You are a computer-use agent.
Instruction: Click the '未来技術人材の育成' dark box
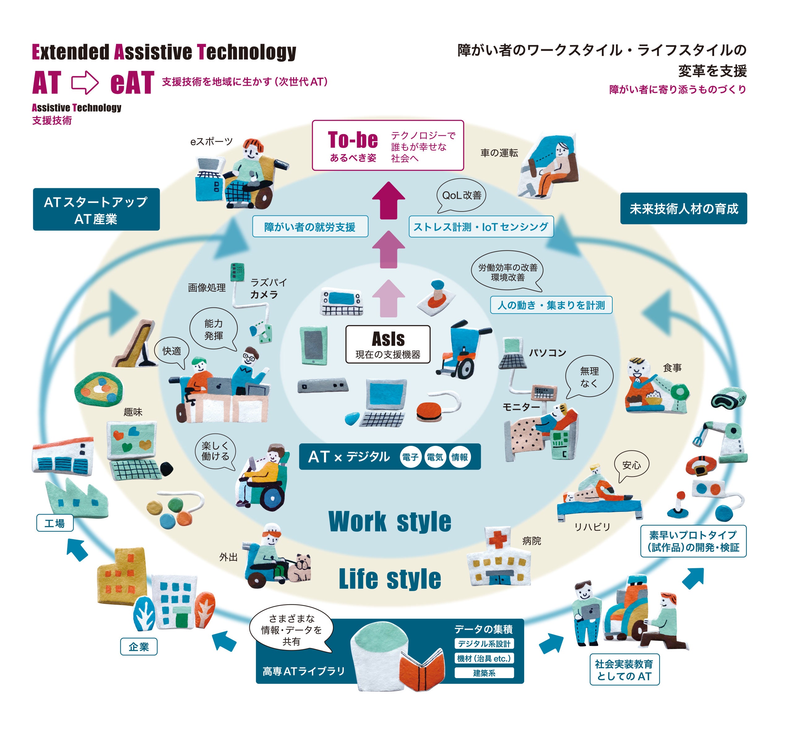point(683,209)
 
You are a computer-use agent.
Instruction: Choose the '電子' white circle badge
point(410,457)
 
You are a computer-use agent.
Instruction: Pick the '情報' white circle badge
point(459,457)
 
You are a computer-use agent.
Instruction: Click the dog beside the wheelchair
point(300,568)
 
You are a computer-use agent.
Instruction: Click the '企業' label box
point(139,647)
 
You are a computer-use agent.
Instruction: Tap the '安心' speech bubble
point(632,465)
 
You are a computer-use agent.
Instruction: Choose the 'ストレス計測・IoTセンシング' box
point(481,227)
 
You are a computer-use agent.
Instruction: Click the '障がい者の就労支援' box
point(310,227)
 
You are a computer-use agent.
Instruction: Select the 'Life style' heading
point(390,579)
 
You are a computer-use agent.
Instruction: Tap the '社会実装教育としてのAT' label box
point(624,670)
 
